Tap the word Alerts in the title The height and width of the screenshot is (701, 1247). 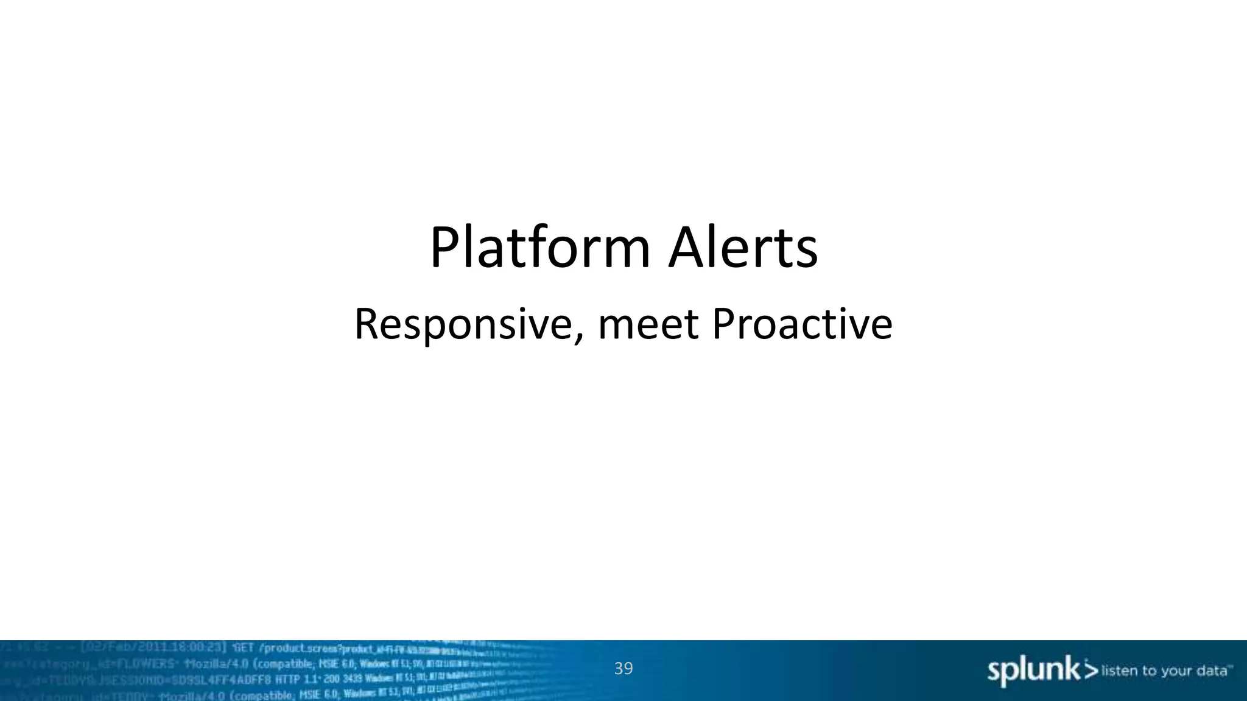743,248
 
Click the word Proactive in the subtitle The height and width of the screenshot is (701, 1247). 802,325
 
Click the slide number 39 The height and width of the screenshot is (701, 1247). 623,669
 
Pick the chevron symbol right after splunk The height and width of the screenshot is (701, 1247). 1091,671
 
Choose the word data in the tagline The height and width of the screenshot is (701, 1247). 1211,671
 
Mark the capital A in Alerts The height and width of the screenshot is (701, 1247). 688,248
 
